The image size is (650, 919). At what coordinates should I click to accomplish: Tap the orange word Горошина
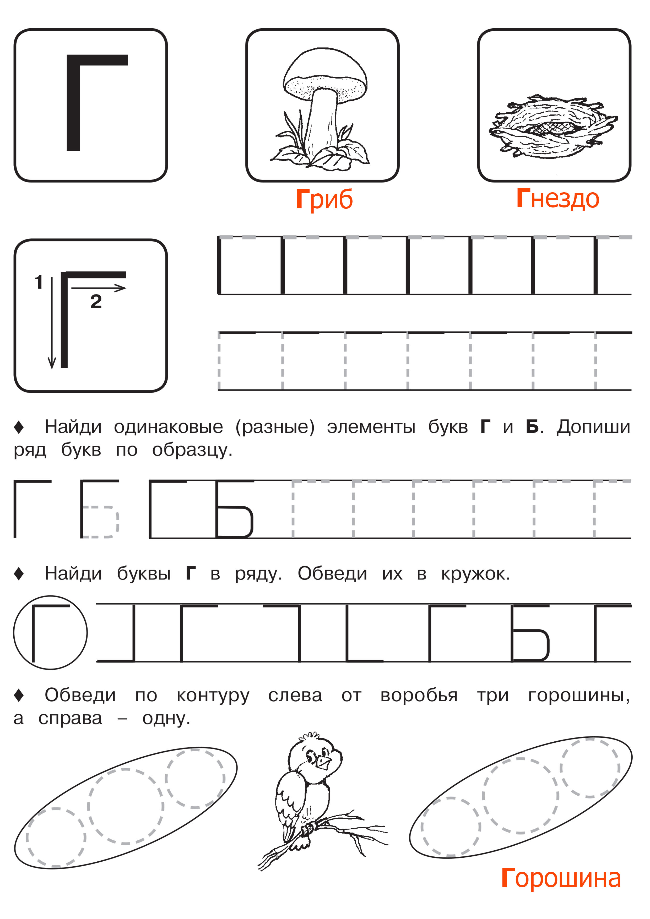pyautogui.click(x=561, y=878)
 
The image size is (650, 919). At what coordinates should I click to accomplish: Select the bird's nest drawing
pyautogui.click(x=553, y=126)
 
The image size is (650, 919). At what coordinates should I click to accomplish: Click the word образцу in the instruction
pyautogui.click(x=192, y=450)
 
